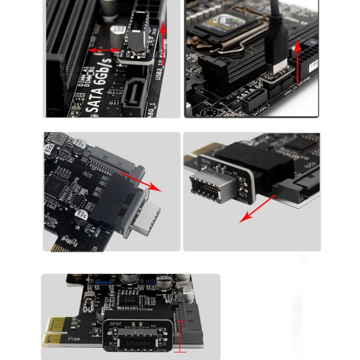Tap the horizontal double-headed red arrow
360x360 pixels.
pyautogui.click(x=104, y=50)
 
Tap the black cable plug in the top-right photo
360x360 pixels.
pyautogui.click(x=276, y=45)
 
